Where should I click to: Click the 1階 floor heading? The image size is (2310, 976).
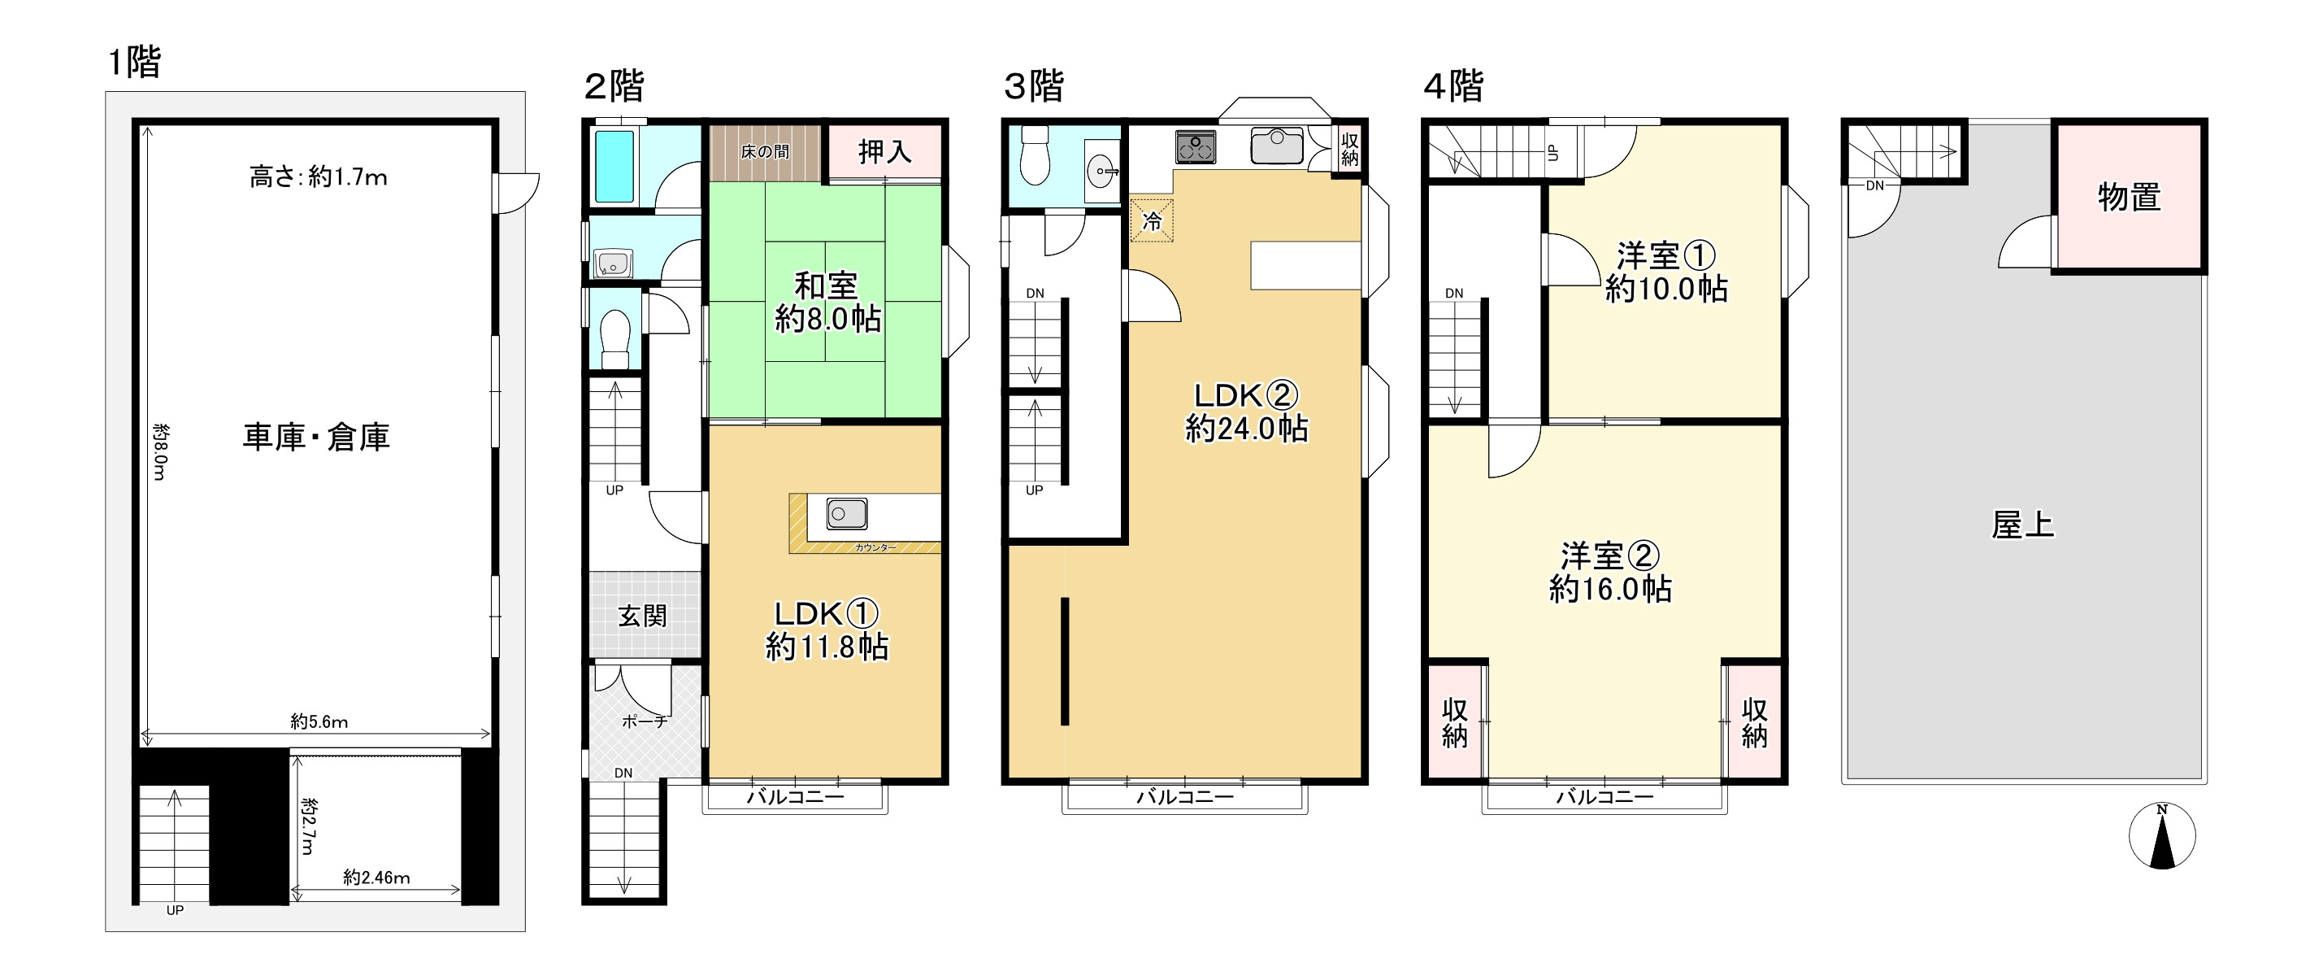pyautogui.click(x=134, y=62)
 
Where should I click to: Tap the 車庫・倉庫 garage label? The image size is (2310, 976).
pyautogui.click(x=316, y=437)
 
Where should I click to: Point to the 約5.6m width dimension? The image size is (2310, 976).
pyautogui.click(x=319, y=721)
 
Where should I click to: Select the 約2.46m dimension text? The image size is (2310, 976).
pyautogui.click(x=376, y=878)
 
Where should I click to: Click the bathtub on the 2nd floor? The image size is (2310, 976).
pyautogui.click(x=615, y=167)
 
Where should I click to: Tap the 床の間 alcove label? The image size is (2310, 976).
pyautogui.click(x=765, y=151)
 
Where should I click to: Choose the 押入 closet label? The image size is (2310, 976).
pyautogui.click(x=884, y=151)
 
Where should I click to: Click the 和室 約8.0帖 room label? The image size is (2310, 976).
pyautogui.click(x=827, y=303)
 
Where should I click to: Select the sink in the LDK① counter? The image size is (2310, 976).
pyautogui.click(x=846, y=514)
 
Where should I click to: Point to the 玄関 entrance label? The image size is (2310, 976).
pyautogui.click(x=642, y=616)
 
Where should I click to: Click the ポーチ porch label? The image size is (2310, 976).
pyautogui.click(x=645, y=721)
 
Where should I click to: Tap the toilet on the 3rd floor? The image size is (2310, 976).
pyautogui.click(x=1036, y=155)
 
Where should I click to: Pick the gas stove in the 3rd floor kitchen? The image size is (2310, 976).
pyautogui.click(x=1196, y=147)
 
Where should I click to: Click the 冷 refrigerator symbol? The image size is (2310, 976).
pyautogui.click(x=1153, y=220)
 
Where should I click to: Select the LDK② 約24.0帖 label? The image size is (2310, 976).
pyautogui.click(x=1247, y=412)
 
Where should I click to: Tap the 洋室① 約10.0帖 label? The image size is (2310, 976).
pyautogui.click(x=1666, y=272)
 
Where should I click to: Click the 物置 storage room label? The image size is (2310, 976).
pyautogui.click(x=2129, y=197)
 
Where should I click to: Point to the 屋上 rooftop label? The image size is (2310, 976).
pyautogui.click(x=2023, y=525)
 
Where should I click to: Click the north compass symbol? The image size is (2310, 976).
pyautogui.click(x=2162, y=836)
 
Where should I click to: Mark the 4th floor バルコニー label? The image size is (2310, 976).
pyautogui.click(x=1605, y=796)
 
